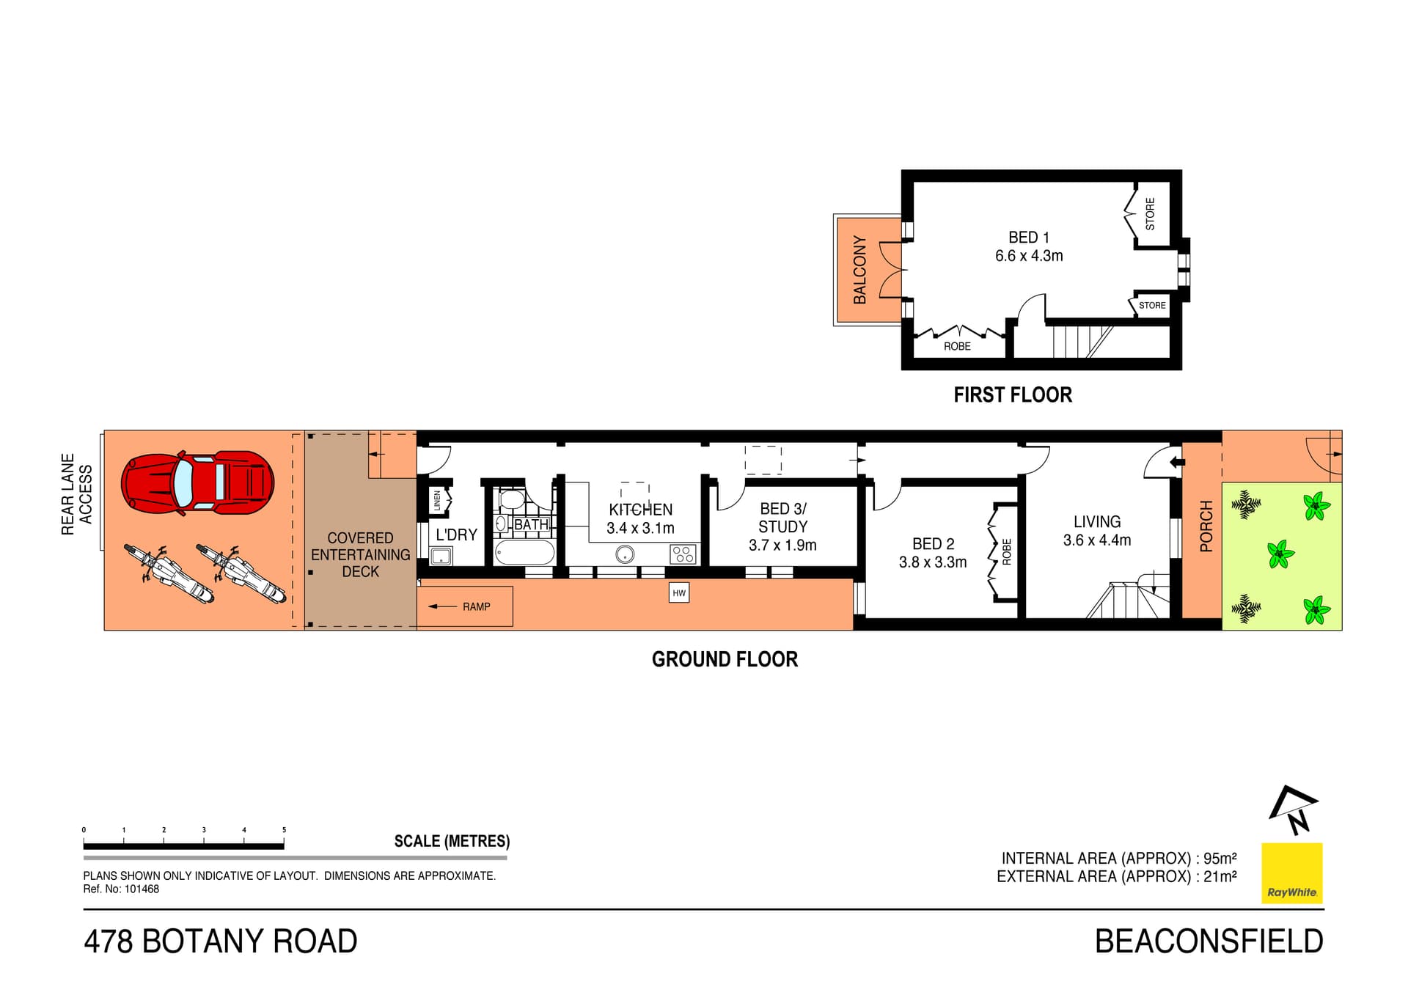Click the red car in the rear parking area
coord(198,482)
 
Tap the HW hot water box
coord(679,592)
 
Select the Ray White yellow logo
coord(1291,873)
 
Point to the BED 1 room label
coord(1029,238)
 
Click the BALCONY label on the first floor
coord(860,270)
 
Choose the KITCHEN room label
coord(640,510)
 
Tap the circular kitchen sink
coord(626,554)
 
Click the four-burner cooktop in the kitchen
coord(683,554)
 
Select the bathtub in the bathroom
coord(524,552)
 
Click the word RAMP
coord(477,606)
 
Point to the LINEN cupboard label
coord(438,501)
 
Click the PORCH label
coord(1206,526)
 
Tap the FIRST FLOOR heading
coord(1013,395)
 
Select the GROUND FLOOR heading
coord(725,659)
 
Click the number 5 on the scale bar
coord(284,830)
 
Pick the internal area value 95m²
coord(1220,858)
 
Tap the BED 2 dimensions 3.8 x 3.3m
coord(933,562)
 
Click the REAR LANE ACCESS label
coord(77,494)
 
